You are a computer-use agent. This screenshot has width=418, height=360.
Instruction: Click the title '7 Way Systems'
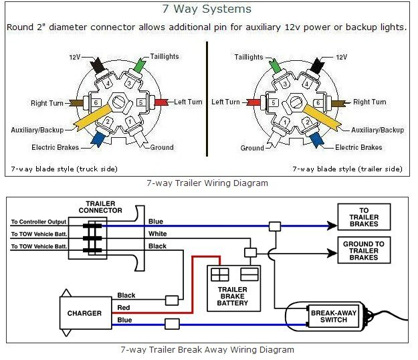click(x=207, y=9)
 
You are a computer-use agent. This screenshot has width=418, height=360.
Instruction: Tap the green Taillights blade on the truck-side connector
click(x=138, y=66)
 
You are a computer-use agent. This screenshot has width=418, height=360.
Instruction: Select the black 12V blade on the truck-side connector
click(x=97, y=66)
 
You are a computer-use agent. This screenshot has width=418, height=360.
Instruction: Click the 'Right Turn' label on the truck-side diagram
click(x=47, y=103)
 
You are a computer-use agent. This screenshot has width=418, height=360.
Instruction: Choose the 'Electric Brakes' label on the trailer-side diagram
click(x=358, y=147)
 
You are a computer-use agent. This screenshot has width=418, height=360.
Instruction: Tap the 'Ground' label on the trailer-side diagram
click(x=252, y=148)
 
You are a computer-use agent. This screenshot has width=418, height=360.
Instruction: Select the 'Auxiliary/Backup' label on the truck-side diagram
click(x=38, y=130)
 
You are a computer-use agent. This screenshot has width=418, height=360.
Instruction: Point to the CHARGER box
click(x=84, y=313)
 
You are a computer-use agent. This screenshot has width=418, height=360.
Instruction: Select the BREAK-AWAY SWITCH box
click(x=329, y=315)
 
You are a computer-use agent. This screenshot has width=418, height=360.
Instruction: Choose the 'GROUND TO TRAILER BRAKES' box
click(x=364, y=251)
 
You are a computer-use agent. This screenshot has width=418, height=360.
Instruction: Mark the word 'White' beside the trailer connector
click(x=157, y=234)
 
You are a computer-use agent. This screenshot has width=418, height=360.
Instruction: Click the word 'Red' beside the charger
click(x=124, y=308)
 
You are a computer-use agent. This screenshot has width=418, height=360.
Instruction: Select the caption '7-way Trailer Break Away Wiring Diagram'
click(x=207, y=349)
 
